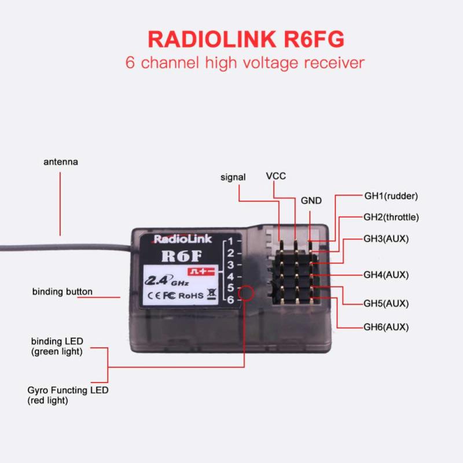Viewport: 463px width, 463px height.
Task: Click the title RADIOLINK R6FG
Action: (x=245, y=39)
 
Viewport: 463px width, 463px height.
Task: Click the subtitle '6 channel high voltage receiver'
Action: (x=245, y=63)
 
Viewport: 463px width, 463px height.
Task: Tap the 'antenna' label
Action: (x=60, y=162)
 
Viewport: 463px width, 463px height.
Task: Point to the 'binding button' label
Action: (x=62, y=292)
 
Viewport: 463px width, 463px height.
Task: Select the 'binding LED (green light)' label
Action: (x=56, y=346)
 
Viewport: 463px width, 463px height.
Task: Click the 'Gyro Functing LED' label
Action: (x=68, y=390)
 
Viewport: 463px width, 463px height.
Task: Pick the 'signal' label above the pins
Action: (x=233, y=177)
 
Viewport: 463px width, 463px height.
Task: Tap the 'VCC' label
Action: (x=275, y=176)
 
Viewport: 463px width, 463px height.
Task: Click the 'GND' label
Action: (x=311, y=201)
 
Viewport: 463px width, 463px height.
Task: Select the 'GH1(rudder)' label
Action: (x=391, y=196)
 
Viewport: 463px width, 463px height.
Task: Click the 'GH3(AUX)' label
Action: (x=386, y=238)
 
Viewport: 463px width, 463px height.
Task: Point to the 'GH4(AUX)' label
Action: (x=386, y=275)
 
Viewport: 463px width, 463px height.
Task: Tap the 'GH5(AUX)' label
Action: (x=386, y=303)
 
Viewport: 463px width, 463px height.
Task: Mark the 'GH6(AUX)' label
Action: (x=386, y=327)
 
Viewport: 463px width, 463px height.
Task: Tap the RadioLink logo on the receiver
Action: (x=182, y=239)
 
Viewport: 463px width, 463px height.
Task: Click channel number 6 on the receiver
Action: (x=230, y=299)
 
